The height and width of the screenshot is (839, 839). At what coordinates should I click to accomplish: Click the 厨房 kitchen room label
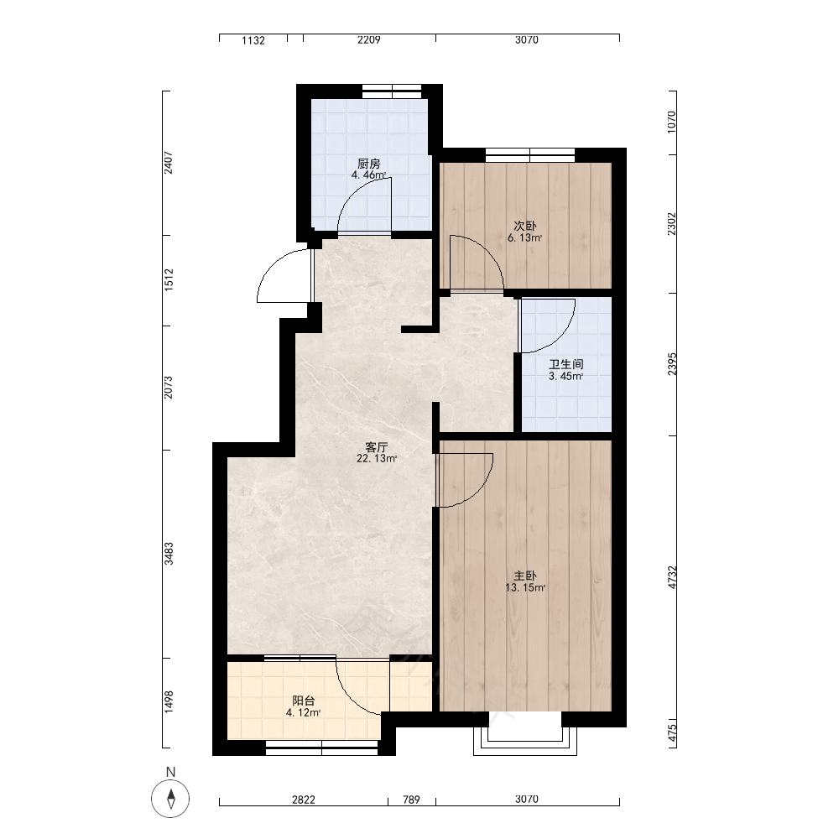click(x=368, y=164)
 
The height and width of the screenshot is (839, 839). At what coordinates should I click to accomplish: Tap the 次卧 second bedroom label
click(x=525, y=227)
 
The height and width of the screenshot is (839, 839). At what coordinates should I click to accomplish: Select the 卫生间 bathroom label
click(x=566, y=364)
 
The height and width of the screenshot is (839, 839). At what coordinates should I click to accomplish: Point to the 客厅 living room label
click(x=376, y=447)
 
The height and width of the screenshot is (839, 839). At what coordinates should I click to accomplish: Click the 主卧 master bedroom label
click(x=525, y=576)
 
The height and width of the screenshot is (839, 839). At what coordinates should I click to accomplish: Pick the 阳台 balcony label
click(x=304, y=701)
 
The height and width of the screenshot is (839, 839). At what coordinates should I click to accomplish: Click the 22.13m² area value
click(x=377, y=459)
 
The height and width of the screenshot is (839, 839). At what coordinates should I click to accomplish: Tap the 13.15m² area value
click(x=525, y=587)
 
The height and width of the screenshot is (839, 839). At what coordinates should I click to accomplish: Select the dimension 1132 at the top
click(x=253, y=40)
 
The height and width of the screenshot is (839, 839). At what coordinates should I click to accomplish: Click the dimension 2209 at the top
click(x=369, y=39)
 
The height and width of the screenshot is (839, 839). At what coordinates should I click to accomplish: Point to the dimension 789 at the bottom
click(x=411, y=800)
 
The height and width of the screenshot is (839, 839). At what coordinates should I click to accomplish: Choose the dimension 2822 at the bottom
click(x=304, y=800)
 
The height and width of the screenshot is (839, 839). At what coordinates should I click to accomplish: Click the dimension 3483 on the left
click(x=169, y=554)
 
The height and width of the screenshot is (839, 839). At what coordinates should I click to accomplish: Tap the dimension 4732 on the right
click(x=673, y=578)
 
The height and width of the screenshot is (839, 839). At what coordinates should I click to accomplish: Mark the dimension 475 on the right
click(x=673, y=732)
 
